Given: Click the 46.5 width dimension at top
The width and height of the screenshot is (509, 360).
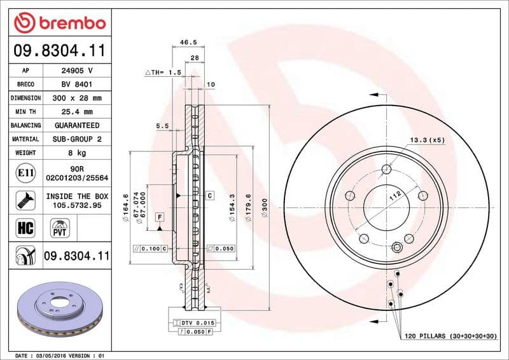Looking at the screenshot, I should point(188,43).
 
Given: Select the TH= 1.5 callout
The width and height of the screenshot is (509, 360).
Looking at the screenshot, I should point(164,73).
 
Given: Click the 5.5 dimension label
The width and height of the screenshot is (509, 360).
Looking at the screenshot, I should point(162,126).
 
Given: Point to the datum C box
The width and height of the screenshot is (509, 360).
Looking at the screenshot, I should point(209,195).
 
